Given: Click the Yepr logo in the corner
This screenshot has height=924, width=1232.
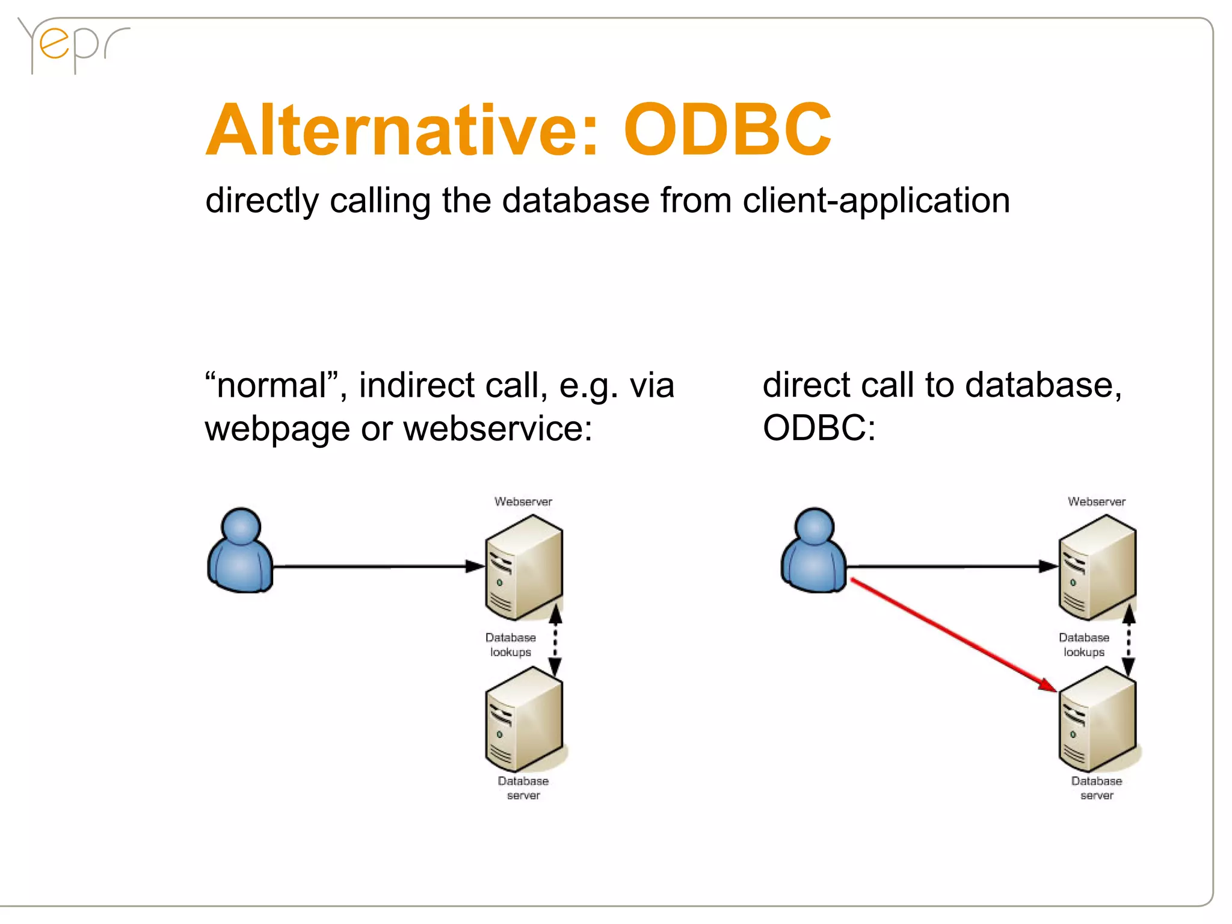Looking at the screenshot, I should [72, 45].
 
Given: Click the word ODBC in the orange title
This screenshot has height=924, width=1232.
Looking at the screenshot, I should [727, 129].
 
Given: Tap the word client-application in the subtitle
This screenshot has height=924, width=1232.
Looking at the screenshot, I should [876, 200].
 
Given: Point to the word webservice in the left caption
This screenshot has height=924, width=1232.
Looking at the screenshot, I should [497, 429].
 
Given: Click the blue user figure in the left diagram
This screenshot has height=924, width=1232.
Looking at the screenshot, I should [240, 551].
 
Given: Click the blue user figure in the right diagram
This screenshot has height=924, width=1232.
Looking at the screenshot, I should [814, 551].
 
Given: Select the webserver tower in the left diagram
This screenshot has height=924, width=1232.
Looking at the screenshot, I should [523, 567].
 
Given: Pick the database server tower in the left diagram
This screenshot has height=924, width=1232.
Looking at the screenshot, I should [523, 719].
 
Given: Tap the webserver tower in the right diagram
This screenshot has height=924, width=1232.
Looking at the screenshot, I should [1097, 567].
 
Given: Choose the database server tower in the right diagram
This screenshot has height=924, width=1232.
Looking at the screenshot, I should [1097, 719].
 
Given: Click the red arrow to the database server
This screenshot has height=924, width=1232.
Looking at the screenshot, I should [953, 635].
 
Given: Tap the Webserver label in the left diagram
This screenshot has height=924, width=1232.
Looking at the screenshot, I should [523, 501].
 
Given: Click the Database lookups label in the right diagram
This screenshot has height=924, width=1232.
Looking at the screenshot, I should [1084, 645].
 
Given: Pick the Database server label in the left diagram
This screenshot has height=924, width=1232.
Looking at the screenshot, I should [523, 788].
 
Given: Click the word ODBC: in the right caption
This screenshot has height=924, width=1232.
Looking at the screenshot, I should [819, 429].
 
